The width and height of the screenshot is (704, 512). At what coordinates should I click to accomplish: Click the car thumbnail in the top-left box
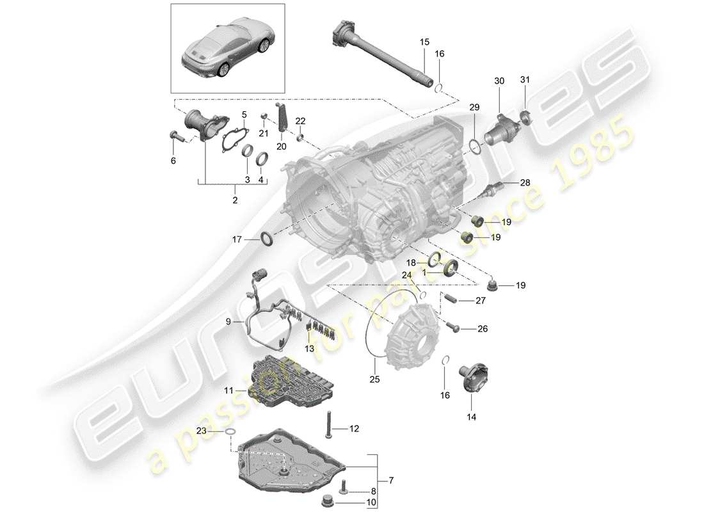[x=228, y=48]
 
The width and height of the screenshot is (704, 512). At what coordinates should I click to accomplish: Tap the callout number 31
[x=525, y=80]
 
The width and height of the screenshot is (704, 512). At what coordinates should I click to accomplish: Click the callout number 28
[x=525, y=184]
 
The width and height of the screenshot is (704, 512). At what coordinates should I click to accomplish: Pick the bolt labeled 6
[x=176, y=136]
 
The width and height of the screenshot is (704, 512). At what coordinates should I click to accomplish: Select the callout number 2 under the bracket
[x=235, y=200]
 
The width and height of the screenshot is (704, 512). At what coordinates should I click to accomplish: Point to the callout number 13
[x=310, y=349]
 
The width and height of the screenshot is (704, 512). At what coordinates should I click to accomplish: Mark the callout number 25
[x=375, y=379]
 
